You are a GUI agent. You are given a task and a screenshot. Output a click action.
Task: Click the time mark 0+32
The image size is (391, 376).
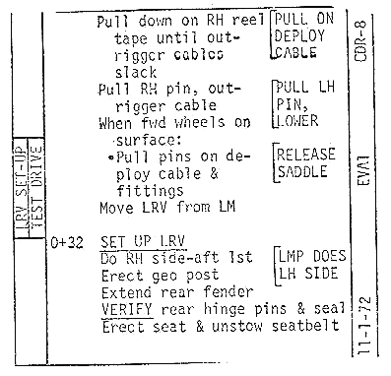click(67, 243)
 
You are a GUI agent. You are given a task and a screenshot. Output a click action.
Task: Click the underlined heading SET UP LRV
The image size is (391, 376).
click(143, 242)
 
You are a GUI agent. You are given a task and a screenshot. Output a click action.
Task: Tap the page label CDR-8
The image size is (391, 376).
click(360, 40)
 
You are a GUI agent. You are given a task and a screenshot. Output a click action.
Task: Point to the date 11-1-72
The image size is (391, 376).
click(364, 326)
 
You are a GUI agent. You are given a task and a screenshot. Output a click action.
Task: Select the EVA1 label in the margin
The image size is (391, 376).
click(363, 170)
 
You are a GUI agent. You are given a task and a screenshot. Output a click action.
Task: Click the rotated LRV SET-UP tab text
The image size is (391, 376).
click(23, 188)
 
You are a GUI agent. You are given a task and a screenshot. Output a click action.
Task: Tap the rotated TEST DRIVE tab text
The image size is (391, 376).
click(36, 187)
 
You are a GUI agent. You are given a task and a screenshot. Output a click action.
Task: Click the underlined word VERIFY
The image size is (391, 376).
click(127, 309)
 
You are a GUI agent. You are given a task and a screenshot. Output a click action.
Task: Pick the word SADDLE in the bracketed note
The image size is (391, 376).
click(302, 171)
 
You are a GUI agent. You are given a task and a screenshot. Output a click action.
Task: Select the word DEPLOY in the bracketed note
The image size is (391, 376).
click(299, 35)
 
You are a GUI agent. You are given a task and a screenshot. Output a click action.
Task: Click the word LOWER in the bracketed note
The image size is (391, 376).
click(297, 121)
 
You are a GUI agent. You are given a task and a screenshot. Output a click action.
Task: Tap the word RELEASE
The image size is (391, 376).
click(306, 155)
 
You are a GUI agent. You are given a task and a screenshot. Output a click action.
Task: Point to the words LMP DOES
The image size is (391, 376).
click(312, 256)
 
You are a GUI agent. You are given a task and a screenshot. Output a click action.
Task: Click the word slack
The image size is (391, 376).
click(136, 73)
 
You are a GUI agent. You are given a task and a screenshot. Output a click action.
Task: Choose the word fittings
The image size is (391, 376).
click(150, 191)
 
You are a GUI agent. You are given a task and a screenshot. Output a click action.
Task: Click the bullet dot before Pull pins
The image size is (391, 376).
click(111, 157)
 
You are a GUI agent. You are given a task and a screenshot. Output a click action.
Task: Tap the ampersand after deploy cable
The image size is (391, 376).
click(214, 173)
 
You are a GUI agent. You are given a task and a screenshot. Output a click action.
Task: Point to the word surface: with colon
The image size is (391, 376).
click(149, 141)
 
